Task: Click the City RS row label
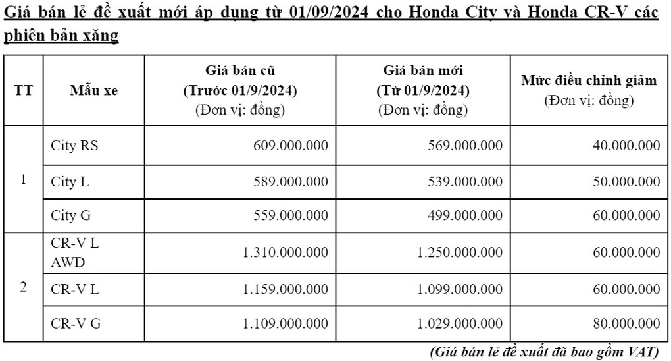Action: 74,146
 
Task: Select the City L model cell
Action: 70,182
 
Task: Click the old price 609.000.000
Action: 290,146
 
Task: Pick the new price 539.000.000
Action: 465,182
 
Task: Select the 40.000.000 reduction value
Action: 626,146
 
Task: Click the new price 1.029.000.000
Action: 460,323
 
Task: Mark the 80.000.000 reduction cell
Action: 626,323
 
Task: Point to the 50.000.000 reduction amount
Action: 626,182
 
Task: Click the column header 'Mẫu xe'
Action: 93,91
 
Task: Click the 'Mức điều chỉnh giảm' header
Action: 589,81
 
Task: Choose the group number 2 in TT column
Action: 23,288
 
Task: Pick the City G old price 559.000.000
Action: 290,215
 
